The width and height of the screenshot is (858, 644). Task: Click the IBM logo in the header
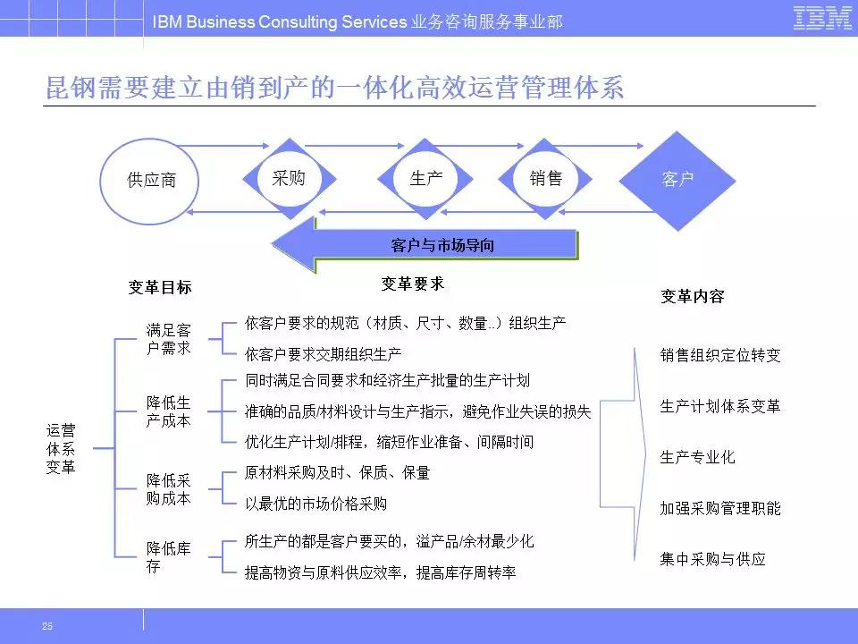(x=822, y=18)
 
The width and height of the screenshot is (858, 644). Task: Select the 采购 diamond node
(x=289, y=179)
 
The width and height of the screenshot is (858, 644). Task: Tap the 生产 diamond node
(x=425, y=179)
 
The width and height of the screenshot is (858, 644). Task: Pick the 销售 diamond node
(x=545, y=179)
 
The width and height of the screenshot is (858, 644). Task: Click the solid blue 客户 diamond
(x=677, y=180)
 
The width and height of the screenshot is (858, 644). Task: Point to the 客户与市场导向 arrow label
(x=442, y=245)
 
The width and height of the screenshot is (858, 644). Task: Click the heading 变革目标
(x=160, y=287)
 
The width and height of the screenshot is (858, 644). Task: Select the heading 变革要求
(x=413, y=284)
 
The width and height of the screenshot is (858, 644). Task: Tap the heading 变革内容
(x=692, y=296)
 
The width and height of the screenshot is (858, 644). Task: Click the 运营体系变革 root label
(x=61, y=448)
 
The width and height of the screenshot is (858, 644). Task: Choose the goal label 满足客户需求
(x=169, y=339)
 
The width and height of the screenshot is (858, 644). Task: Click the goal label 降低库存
(x=169, y=557)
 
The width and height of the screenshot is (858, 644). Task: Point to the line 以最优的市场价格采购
(x=315, y=504)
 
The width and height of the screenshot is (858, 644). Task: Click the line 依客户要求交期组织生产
(x=323, y=354)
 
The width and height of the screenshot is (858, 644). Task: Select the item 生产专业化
(x=697, y=457)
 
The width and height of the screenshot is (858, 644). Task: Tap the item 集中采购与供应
(x=712, y=559)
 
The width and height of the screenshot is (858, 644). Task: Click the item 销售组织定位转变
(x=720, y=355)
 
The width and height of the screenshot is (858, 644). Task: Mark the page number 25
(x=47, y=626)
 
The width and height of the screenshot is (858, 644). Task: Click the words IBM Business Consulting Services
(x=280, y=21)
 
